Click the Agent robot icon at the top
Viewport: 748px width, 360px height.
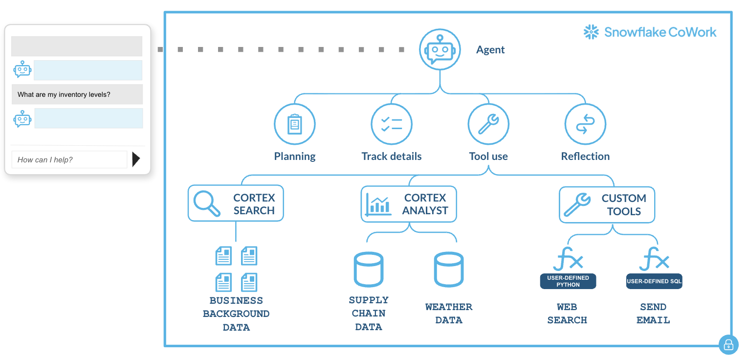[x=440, y=49]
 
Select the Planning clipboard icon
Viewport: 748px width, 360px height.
[x=294, y=124]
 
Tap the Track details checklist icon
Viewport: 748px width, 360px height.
[x=392, y=124]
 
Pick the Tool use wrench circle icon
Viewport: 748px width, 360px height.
[x=488, y=124]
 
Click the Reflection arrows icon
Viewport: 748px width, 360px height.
[x=585, y=124]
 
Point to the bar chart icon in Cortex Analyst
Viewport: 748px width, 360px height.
[x=378, y=204]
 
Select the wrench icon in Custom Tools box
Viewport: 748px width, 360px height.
[x=577, y=204]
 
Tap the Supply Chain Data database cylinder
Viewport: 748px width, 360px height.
[x=369, y=270]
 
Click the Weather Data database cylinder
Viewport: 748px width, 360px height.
[x=449, y=270]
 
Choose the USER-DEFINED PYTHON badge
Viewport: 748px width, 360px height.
[x=568, y=281]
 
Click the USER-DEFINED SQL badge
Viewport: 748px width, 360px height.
[x=654, y=281]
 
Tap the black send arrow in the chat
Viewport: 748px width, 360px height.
[x=136, y=159]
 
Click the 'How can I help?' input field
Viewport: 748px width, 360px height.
[x=69, y=159]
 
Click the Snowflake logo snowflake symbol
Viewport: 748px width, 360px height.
[x=591, y=32]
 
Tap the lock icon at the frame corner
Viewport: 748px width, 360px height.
[x=728, y=345]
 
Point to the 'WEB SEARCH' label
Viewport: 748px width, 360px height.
[x=567, y=314]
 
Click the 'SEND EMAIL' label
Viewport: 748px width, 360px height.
[x=653, y=314]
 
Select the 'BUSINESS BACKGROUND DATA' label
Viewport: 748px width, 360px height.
[x=236, y=314]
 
